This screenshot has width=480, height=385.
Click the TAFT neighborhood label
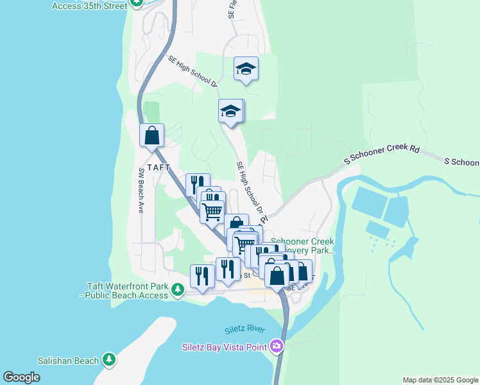point(159,167)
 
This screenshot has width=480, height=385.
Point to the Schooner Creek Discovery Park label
point(303,246)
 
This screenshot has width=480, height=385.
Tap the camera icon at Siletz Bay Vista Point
point(277,346)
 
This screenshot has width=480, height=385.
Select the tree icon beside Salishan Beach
point(109,360)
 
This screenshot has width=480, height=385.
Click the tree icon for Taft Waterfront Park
point(178,292)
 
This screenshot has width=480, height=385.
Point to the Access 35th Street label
point(89,5)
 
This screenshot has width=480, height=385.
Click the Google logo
point(22,377)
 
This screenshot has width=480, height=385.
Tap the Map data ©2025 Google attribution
point(440,380)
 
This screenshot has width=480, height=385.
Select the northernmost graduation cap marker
point(246,68)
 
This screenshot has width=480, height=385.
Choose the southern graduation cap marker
point(230,112)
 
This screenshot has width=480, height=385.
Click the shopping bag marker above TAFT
point(152,135)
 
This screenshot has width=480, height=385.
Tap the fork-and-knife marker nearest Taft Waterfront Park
point(202,277)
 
